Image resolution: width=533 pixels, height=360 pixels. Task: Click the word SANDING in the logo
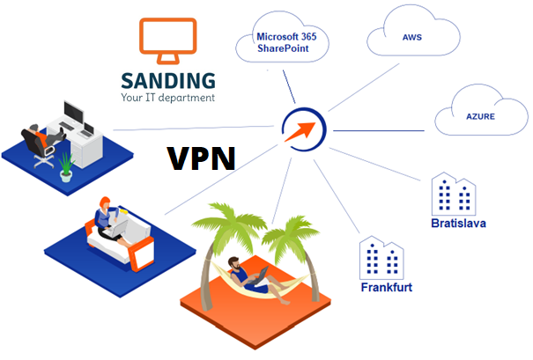point(168,77)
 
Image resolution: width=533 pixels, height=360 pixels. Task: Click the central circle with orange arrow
point(302,128)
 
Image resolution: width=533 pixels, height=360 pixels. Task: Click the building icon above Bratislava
point(453,195)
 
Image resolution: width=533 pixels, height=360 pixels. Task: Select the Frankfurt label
point(386,288)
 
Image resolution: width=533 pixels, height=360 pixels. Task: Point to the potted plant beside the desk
point(65,167)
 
